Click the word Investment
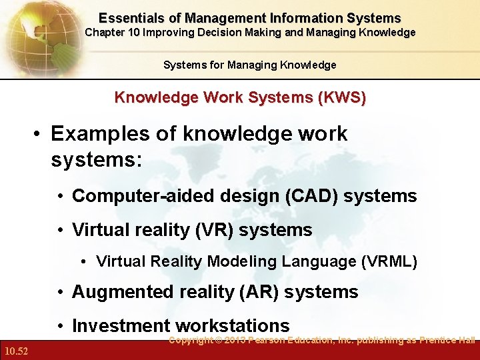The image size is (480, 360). (x=121, y=326)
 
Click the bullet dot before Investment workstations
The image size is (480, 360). (x=61, y=327)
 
